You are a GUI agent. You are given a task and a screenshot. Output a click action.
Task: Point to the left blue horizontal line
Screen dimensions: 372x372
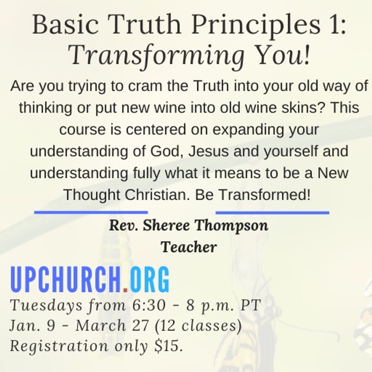pos(91,212)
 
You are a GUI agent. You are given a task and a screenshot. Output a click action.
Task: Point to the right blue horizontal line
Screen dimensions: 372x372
pos(272,213)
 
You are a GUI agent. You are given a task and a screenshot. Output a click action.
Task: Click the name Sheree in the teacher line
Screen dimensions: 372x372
pos(166,226)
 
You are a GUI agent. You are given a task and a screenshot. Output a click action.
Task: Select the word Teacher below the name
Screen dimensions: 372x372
pos(189,247)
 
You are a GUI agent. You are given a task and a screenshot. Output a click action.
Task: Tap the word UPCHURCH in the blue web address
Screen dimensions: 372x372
pos(66,280)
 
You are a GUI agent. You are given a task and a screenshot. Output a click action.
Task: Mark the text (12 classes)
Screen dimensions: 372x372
pos(198,326)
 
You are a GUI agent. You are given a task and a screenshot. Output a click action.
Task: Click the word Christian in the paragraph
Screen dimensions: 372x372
pos(154,195)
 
